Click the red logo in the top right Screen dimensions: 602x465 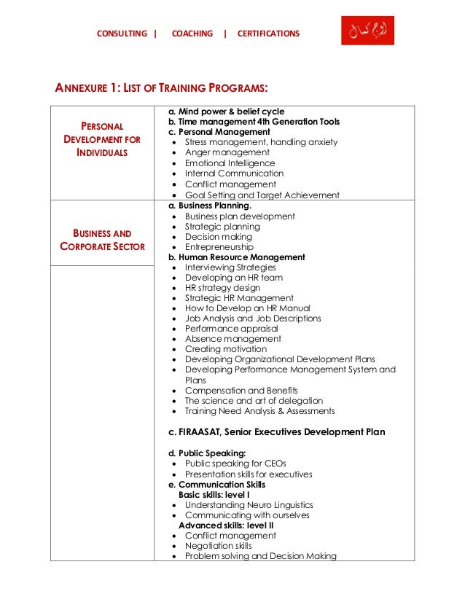tap(367, 31)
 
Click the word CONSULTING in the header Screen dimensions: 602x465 tap(122, 34)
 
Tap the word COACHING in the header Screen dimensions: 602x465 tap(192, 34)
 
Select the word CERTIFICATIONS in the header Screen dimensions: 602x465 tap(268, 34)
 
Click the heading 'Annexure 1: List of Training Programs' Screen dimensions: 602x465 tap(161, 89)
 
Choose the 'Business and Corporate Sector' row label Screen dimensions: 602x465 tap(102, 240)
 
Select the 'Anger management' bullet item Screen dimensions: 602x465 tap(227, 153)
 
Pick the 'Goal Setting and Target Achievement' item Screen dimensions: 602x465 tap(262, 195)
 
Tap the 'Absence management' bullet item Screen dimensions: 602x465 tap(232, 339)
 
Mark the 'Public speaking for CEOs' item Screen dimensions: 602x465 tap(236, 464)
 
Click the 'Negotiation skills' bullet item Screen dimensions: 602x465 tap(218, 546)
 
